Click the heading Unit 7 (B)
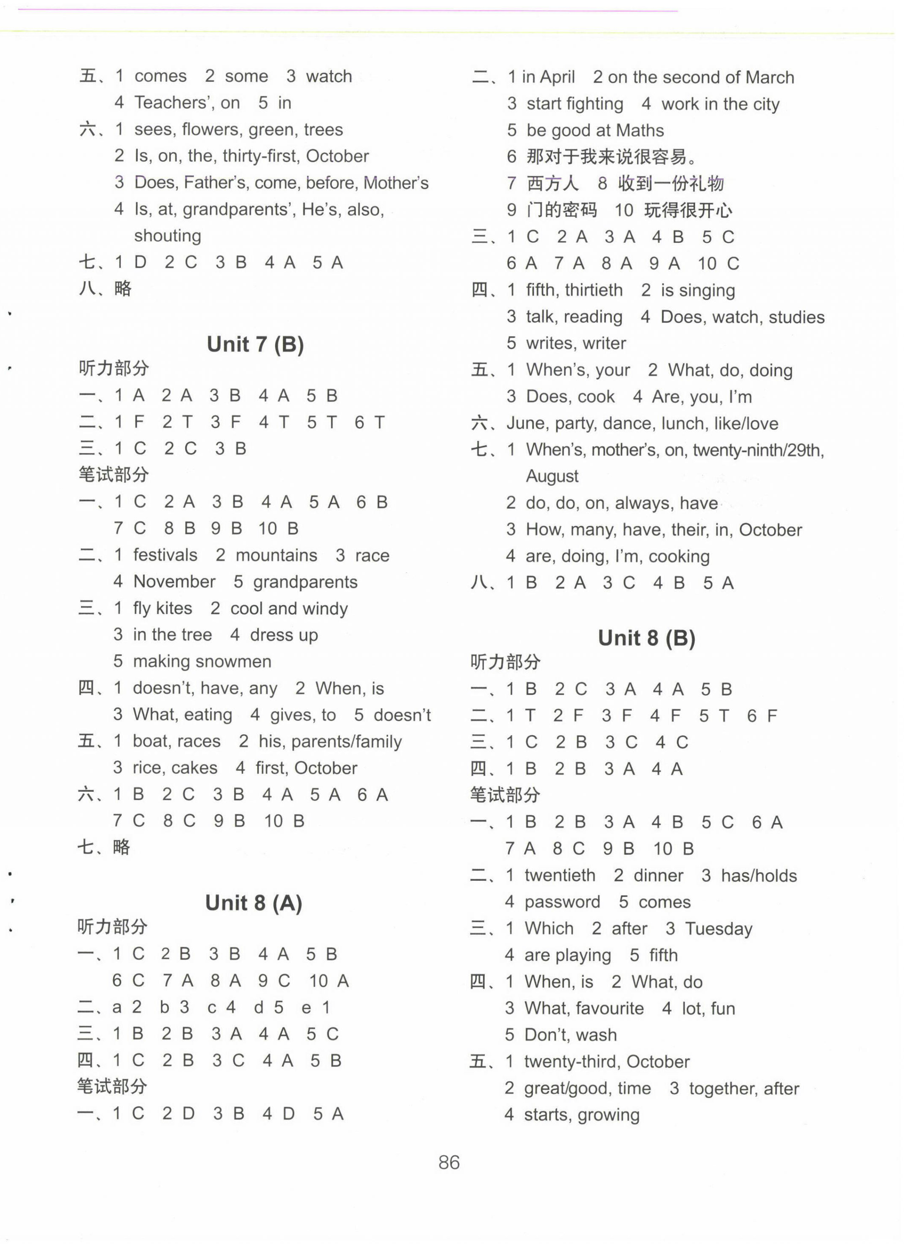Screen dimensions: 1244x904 click(255, 345)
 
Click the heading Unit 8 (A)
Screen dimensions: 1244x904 click(253, 903)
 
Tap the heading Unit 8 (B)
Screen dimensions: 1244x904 click(646, 638)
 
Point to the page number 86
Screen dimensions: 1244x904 click(449, 1162)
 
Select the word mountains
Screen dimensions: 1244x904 click(276, 555)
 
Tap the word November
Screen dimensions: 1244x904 click(174, 582)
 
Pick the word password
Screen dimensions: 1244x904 click(562, 902)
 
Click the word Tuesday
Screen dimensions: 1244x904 click(719, 929)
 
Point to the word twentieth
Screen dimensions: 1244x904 click(560, 876)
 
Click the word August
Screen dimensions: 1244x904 click(552, 476)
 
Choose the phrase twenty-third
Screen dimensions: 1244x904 click(573, 1061)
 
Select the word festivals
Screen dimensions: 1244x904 click(165, 555)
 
